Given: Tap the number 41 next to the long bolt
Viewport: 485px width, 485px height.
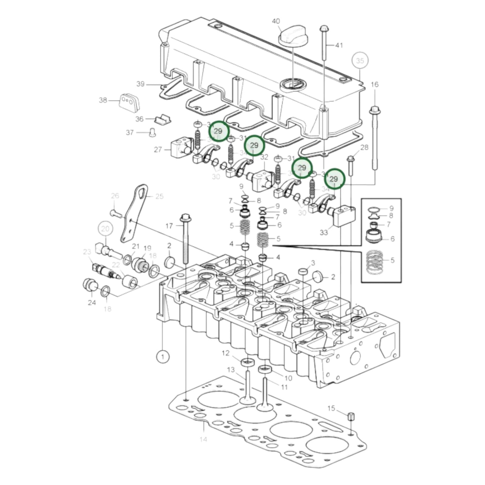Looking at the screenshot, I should (x=339, y=45).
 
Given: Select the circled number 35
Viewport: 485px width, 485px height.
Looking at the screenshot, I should (x=360, y=61).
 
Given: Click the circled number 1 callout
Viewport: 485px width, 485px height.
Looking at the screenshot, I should (x=163, y=356).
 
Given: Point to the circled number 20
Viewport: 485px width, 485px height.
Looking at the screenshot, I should (x=105, y=229).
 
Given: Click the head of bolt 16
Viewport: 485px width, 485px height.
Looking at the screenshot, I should (x=374, y=110).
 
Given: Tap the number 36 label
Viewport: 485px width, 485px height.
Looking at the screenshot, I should (x=139, y=119).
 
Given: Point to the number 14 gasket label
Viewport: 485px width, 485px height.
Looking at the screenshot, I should (x=203, y=439).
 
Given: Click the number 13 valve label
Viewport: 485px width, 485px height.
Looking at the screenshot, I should (x=231, y=370).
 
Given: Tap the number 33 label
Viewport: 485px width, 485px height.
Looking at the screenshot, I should (x=324, y=232).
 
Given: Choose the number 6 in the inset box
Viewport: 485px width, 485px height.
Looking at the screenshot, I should (x=392, y=239).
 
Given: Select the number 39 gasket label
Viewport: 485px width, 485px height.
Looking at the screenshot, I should (x=140, y=84).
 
